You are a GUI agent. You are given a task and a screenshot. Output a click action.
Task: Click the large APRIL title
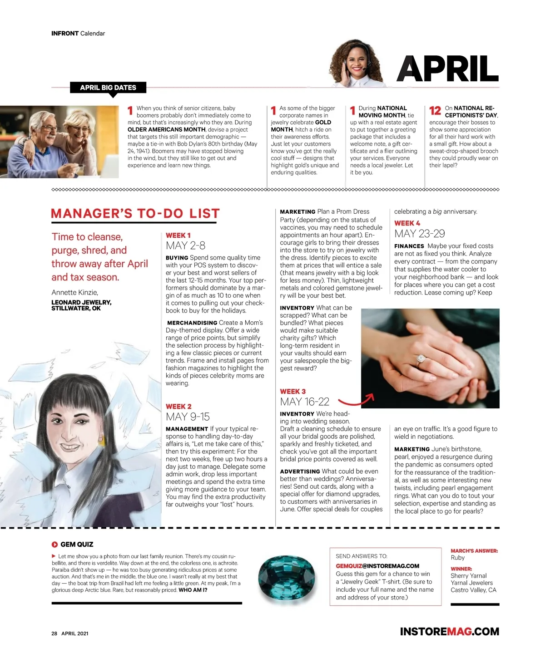click(448, 69)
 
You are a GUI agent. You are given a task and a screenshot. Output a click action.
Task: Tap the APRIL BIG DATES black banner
click(108, 88)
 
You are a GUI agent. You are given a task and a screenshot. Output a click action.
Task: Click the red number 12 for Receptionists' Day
click(435, 110)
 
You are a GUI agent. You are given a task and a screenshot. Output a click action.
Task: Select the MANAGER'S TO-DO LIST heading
click(135, 214)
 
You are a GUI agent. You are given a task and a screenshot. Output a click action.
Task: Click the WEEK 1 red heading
click(178, 235)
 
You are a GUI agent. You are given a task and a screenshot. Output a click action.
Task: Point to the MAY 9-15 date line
click(188, 417)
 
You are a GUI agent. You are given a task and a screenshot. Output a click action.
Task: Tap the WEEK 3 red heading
click(293, 391)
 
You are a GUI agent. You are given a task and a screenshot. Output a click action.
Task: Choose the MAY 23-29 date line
click(419, 234)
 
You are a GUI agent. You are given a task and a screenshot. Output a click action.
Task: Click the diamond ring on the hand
click(421, 359)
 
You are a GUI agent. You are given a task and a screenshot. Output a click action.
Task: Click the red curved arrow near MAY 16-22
click(357, 400)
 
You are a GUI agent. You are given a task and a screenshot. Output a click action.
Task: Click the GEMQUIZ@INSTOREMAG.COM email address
click(377, 566)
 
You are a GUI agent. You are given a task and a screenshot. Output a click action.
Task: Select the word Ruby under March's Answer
click(457, 558)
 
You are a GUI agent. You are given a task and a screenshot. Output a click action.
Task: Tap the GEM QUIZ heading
click(76, 545)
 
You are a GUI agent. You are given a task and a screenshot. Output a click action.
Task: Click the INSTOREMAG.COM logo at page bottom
click(449, 632)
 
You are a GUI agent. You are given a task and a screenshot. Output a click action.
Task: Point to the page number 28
click(54, 633)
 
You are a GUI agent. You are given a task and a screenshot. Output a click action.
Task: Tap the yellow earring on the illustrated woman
click(101, 440)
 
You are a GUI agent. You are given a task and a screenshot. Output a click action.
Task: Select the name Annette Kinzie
click(74, 292)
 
